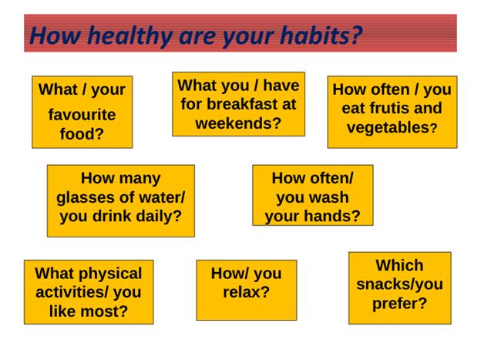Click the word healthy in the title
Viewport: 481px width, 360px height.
(129, 36)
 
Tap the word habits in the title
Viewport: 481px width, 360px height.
(316, 35)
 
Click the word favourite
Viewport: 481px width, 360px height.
(82, 115)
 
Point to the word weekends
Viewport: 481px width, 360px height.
(234, 123)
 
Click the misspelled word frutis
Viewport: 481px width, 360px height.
(387, 108)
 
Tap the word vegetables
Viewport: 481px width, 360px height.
(388, 128)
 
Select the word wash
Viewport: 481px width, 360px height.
(332, 197)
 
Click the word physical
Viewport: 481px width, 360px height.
(111, 274)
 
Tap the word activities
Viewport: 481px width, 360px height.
(69, 292)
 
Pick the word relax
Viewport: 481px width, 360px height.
(242, 292)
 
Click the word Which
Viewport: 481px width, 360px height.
(399, 265)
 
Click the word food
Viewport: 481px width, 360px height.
(78, 134)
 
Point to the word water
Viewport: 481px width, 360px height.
(160, 197)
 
